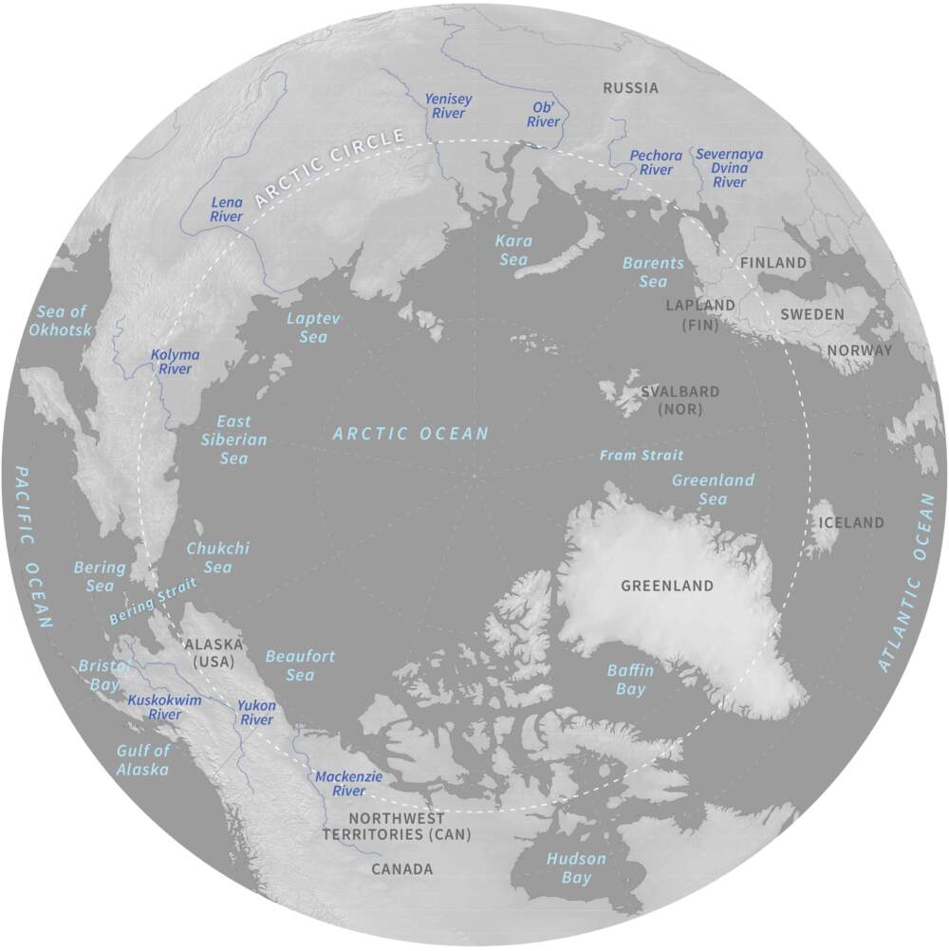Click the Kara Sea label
tap(514, 251)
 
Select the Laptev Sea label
tap(313, 327)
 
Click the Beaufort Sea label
tap(300, 665)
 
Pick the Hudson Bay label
tap(575, 867)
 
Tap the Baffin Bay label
tap(630, 680)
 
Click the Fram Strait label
tap(641, 456)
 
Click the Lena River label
tap(227, 210)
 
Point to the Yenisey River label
tap(448, 105)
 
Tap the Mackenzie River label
tap(348, 783)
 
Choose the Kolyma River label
tap(176, 362)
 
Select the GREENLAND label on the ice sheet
tap(666, 586)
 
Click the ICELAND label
tap(851, 522)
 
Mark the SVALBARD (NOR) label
tap(679, 400)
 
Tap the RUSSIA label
tap(631, 88)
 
